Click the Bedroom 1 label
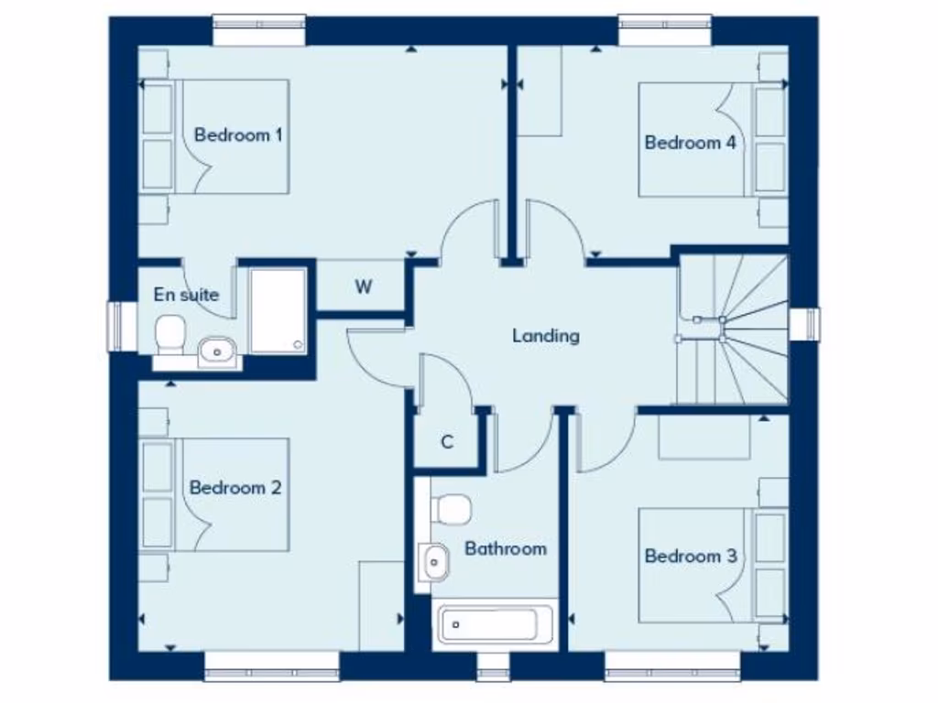[x=237, y=135]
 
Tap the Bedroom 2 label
[x=234, y=488]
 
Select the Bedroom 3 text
[x=690, y=556]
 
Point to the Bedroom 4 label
[x=690, y=143]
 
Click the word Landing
[x=545, y=336]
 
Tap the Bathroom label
[x=505, y=548]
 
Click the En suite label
[x=186, y=295]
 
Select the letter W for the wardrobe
[x=364, y=287]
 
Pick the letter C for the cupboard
[x=447, y=442]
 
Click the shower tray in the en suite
[x=278, y=310]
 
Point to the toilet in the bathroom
[x=452, y=508]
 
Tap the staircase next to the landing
[x=733, y=330]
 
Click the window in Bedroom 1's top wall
[x=259, y=30]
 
